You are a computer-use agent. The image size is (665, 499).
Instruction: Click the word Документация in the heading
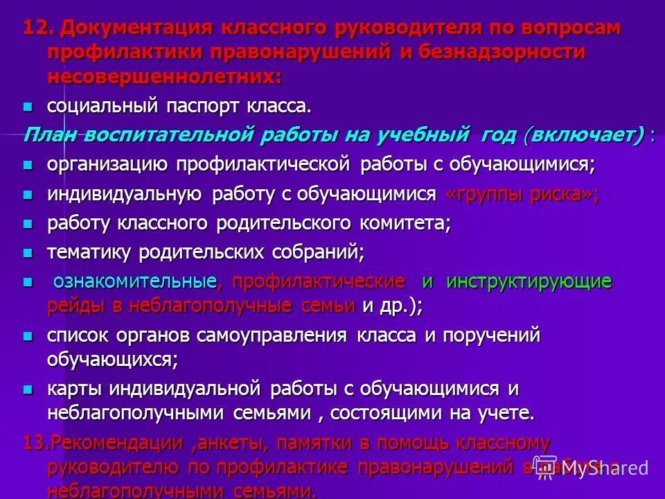137,28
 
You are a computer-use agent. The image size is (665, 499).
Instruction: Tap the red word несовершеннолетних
165,76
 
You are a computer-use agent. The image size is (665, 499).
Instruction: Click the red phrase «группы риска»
520,194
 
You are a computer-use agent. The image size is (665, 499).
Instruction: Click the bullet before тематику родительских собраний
28,252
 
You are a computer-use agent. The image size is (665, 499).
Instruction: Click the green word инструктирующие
529,282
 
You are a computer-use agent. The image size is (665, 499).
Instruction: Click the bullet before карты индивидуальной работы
28,389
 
